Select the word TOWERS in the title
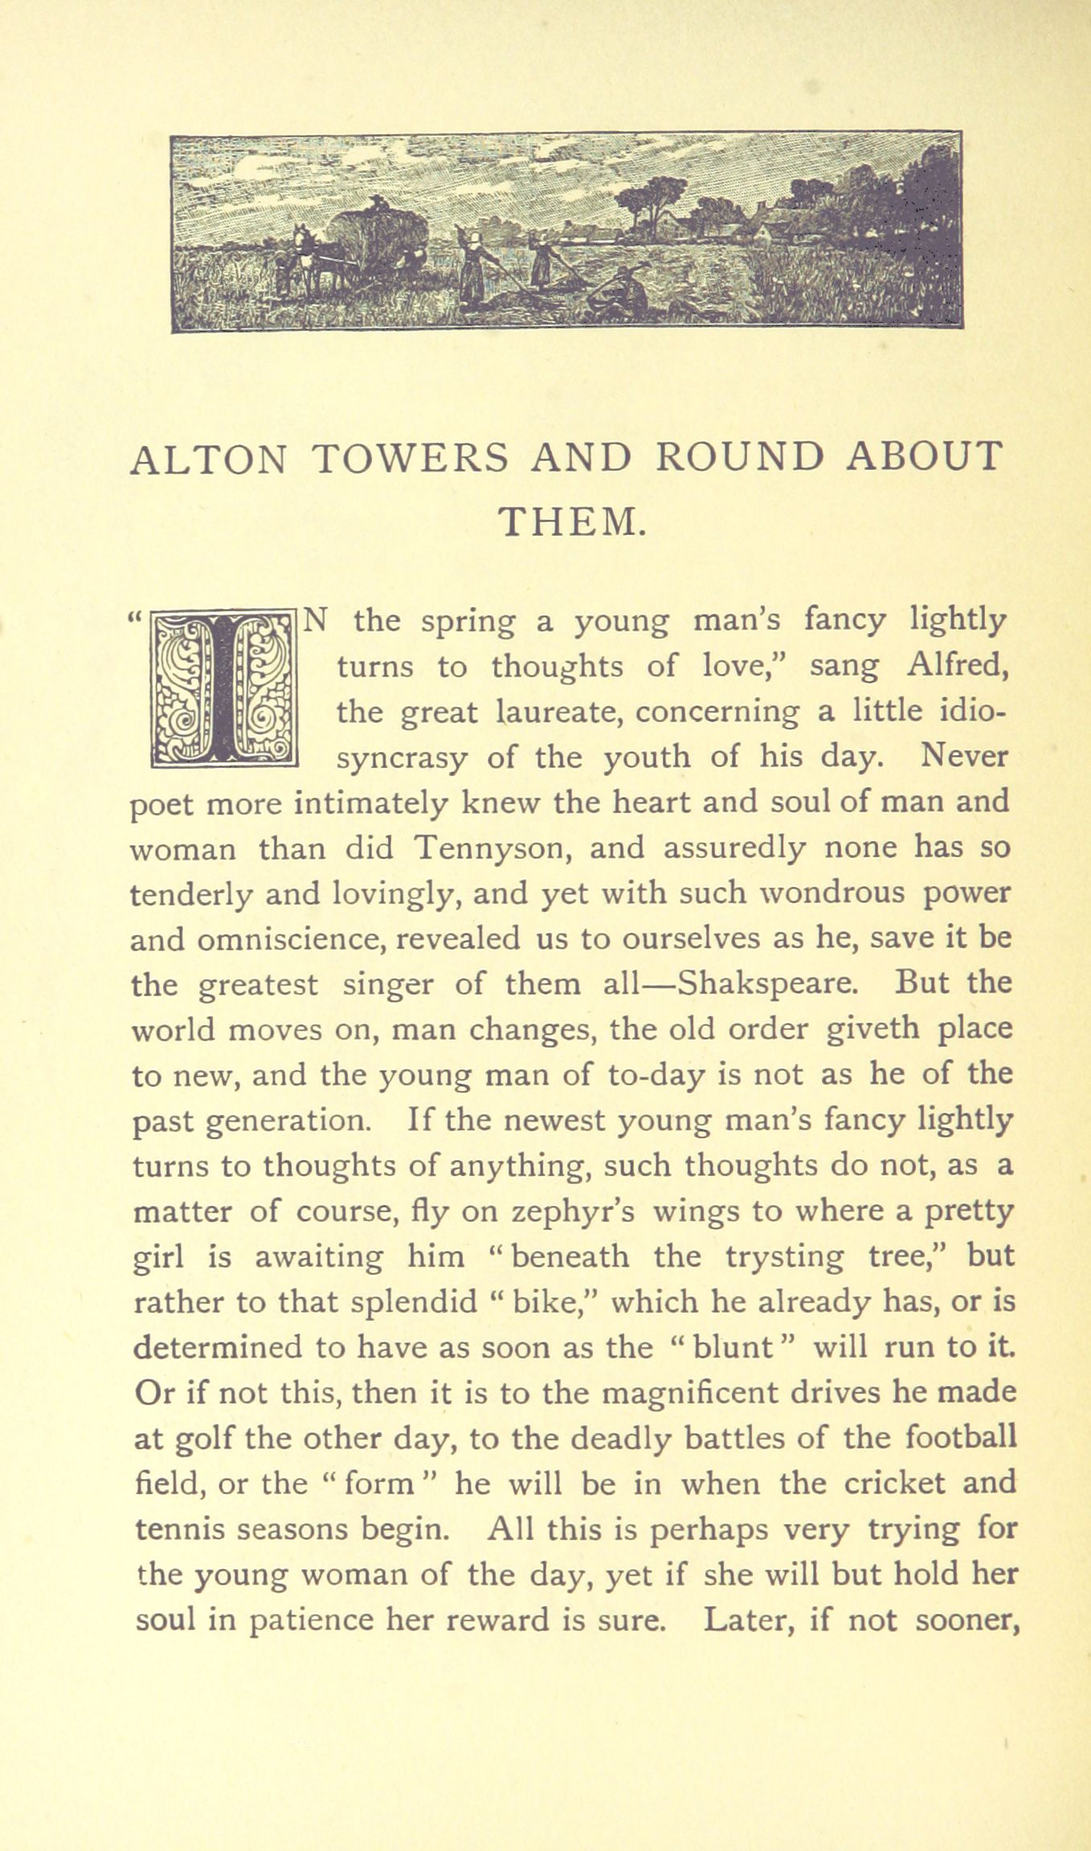410,458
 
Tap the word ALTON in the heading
208,458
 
